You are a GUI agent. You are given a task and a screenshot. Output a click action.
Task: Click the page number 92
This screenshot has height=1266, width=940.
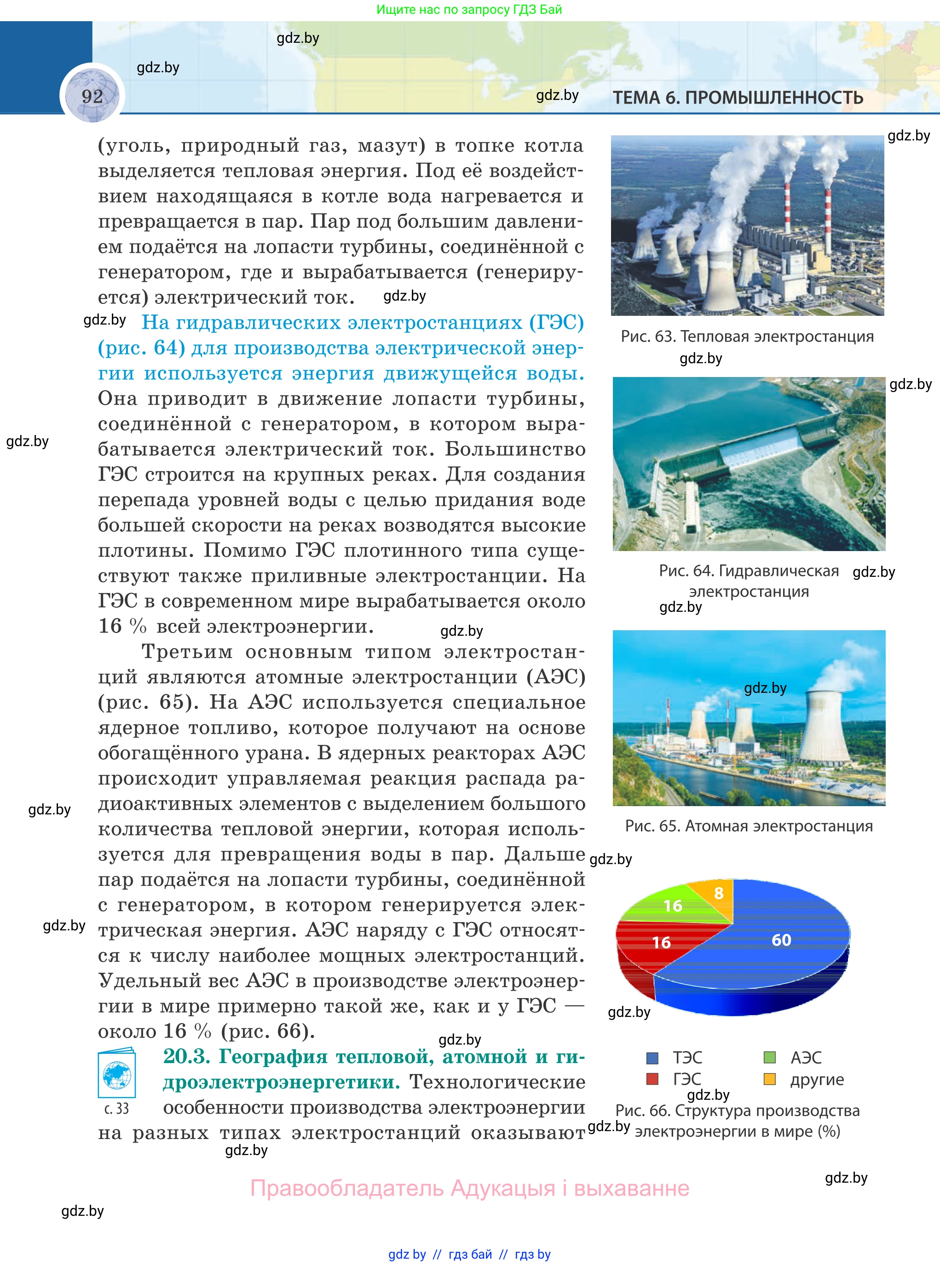click(x=92, y=96)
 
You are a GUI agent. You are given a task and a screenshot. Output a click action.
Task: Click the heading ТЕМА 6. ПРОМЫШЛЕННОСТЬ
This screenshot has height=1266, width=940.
click(x=738, y=98)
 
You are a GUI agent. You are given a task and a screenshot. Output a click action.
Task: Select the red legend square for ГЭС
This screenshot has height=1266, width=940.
click(x=652, y=1079)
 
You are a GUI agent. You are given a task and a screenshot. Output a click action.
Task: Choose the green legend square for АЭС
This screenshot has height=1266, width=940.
click(x=769, y=1057)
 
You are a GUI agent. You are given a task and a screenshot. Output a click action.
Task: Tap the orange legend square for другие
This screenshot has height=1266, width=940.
click(x=769, y=1079)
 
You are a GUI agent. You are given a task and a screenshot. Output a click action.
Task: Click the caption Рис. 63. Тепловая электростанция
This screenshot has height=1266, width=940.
click(x=747, y=337)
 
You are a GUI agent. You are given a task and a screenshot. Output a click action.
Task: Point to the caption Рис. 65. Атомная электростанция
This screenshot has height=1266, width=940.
click(x=748, y=826)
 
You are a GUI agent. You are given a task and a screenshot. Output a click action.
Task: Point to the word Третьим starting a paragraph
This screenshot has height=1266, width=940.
click(x=187, y=652)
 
